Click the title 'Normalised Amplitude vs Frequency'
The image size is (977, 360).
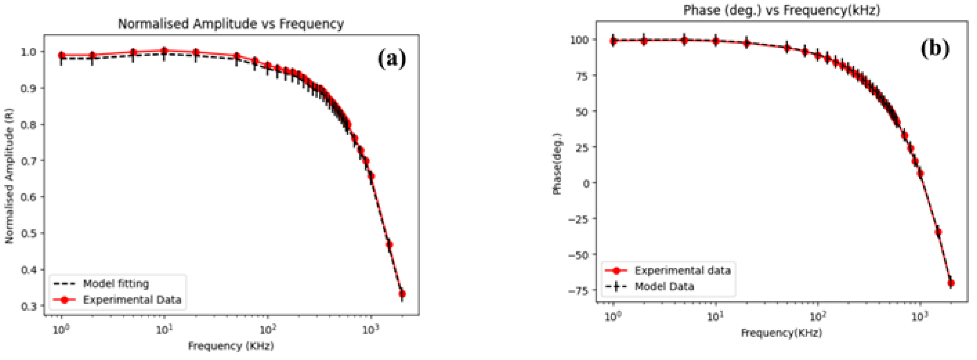point(231,24)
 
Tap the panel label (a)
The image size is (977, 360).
point(392,59)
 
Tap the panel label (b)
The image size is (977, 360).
point(935,49)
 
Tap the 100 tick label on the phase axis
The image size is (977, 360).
point(580,40)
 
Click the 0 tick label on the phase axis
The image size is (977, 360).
point(586,183)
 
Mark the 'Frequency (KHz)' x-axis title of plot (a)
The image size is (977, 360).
point(231,346)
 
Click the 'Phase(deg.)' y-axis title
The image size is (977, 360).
point(557,164)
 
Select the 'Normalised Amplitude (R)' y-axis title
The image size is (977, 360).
point(9,176)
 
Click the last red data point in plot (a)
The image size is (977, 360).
point(402,294)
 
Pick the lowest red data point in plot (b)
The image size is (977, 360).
point(951,283)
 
